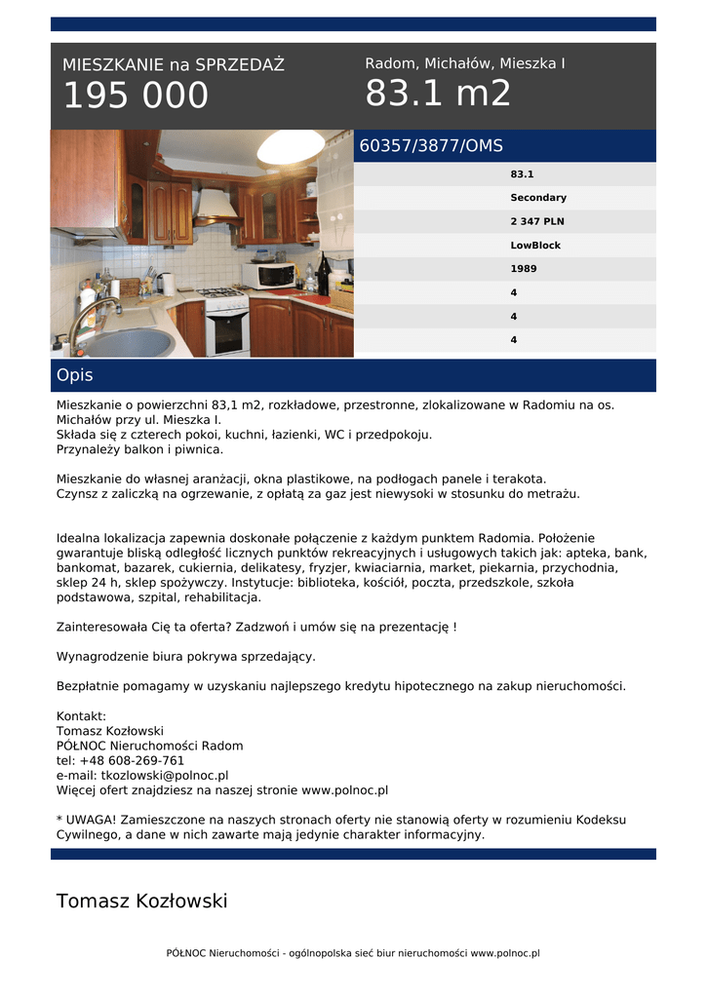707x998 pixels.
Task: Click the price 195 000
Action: (x=136, y=96)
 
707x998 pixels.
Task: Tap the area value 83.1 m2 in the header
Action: (x=438, y=95)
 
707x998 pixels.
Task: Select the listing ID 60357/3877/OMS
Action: (x=431, y=146)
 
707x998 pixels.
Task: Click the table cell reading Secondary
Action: (x=538, y=198)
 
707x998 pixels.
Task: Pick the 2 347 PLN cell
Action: (x=537, y=221)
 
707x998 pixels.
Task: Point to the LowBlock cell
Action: (x=535, y=246)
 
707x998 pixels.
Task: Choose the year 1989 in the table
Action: (x=524, y=269)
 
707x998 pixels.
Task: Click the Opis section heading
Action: (x=75, y=375)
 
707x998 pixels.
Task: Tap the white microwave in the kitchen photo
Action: (x=269, y=275)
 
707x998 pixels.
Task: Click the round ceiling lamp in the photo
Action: (x=290, y=148)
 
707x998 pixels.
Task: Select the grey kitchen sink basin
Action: (x=127, y=342)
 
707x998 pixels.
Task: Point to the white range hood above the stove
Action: (x=216, y=206)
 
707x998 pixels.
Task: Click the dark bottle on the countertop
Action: (x=323, y=276)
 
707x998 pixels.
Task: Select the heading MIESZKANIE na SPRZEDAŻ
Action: (x=174, y=65)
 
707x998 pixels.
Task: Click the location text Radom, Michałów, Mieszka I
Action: (x=465, y=63)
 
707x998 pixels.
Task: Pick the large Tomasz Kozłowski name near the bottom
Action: (x=141, y=901)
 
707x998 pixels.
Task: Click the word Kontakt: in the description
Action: (x=81, y=716)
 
